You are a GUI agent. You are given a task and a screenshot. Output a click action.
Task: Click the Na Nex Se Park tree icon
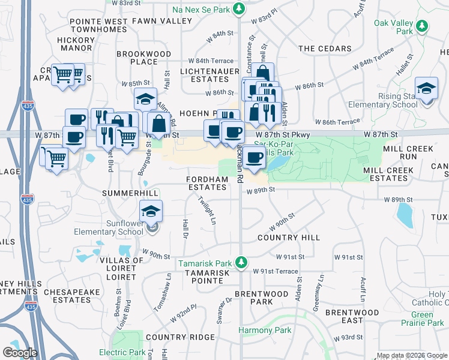pos(240,9)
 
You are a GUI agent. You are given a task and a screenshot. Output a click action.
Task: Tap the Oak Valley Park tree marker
pos(422,26)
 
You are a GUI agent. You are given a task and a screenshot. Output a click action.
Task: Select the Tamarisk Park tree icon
pos(241,263)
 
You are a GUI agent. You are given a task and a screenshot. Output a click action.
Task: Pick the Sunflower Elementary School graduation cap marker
pos(151,211)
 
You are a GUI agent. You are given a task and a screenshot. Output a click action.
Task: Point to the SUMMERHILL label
pos(130,193)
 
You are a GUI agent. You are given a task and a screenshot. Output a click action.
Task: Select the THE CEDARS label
pos(325,49)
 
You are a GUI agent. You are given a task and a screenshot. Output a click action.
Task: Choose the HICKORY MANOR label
pos(76,44)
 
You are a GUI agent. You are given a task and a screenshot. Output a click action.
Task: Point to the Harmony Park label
pos(265,330)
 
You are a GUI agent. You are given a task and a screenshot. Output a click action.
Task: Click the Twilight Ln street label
pos(208,211)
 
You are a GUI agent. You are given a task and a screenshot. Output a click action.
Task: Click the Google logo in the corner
pos(20,352)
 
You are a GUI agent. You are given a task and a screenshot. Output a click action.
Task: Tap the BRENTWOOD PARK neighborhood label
pos(261,298)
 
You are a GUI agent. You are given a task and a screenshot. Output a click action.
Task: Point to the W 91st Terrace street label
pos(276,271)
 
